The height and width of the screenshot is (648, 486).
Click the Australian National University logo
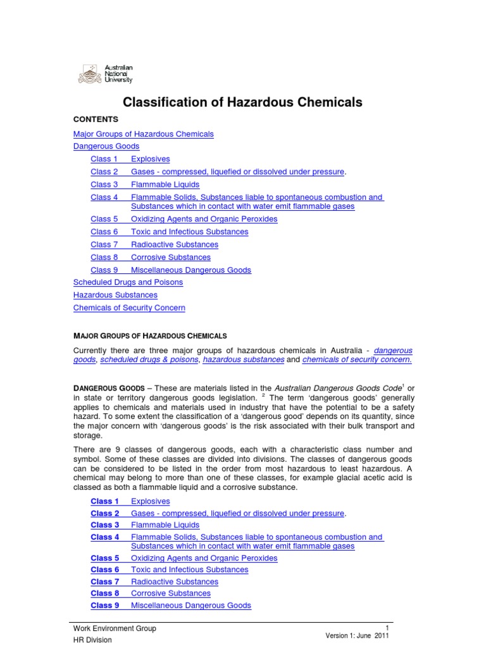click(x=105, y=74)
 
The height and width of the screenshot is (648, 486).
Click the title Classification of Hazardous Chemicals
click(x=242, y=101)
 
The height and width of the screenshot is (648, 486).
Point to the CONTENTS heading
click(x=96, y=119)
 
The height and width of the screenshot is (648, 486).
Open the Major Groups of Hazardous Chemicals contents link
click(x=144, y=134)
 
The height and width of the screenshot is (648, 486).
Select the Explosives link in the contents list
click(x=150, y=159)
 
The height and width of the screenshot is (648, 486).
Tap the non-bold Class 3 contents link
click(x=104, y=185)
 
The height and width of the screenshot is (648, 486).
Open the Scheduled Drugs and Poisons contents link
click(x=128, y=282)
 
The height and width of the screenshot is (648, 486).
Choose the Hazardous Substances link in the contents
click(x=115, y=295)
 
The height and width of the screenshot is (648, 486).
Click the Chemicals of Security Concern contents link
click(x=129, y=308)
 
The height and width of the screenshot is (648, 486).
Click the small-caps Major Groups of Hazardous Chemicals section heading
click(x=150, y=335)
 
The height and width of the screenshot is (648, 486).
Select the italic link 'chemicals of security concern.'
click(x=357, y=359)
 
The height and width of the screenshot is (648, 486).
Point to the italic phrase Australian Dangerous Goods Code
click(x=327, y=388)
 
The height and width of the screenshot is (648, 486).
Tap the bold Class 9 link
click(x=105, y=606)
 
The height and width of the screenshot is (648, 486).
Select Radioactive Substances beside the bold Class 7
click(x=175, y=582)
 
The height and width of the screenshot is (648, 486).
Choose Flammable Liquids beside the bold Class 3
click(x=165, y=525)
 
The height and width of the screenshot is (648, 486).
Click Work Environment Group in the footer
click(x=115, y=628)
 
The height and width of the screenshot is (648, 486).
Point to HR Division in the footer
click(x=92, y=640)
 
